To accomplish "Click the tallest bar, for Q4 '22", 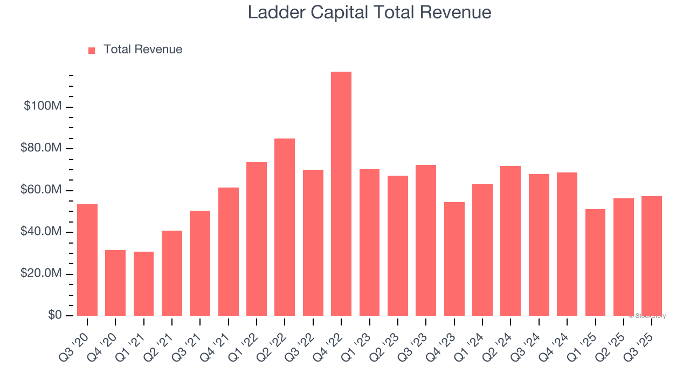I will click(x=341, y=194).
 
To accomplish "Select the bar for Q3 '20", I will click(x=87, y=260).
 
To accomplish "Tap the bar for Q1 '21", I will click(x=144, y=283).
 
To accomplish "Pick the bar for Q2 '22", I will click(x=285, y=227).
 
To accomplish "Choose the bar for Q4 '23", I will click(x=454, y=259).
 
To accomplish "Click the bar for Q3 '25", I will click(x=652, y=256).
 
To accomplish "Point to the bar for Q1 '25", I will click(x=595, y=262).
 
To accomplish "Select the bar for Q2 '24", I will click(x=510, y=241).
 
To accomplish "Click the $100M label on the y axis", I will click(x=43, y=106).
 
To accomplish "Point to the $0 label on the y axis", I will click(x=53, y=315).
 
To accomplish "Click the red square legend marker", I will click(x=92, y=50).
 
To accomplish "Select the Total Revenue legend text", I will click(x=143, y=50).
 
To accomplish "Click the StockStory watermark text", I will click(x=648, y=316).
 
